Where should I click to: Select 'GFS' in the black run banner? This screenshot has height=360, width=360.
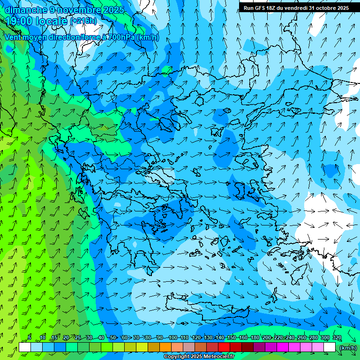[262, 8]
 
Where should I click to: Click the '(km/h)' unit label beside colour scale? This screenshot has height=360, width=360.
[348, 347]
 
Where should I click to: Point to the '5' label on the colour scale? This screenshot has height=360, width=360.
[30, 338]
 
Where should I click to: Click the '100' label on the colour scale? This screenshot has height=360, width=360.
[173, 338]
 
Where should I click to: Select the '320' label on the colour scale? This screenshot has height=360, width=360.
[337, 338]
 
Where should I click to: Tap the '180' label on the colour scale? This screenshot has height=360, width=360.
[255, 338]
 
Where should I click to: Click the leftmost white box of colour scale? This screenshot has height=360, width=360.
[25, 347]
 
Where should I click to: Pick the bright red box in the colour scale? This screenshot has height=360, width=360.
[224, 347]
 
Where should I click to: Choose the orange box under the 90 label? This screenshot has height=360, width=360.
[165, 347]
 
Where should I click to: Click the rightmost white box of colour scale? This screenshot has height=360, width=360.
[330, 347]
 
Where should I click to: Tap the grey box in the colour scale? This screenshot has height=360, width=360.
[189, 347]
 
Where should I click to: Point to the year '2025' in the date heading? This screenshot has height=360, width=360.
[113, 9]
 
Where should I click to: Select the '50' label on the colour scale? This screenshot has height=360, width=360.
[113, 338]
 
